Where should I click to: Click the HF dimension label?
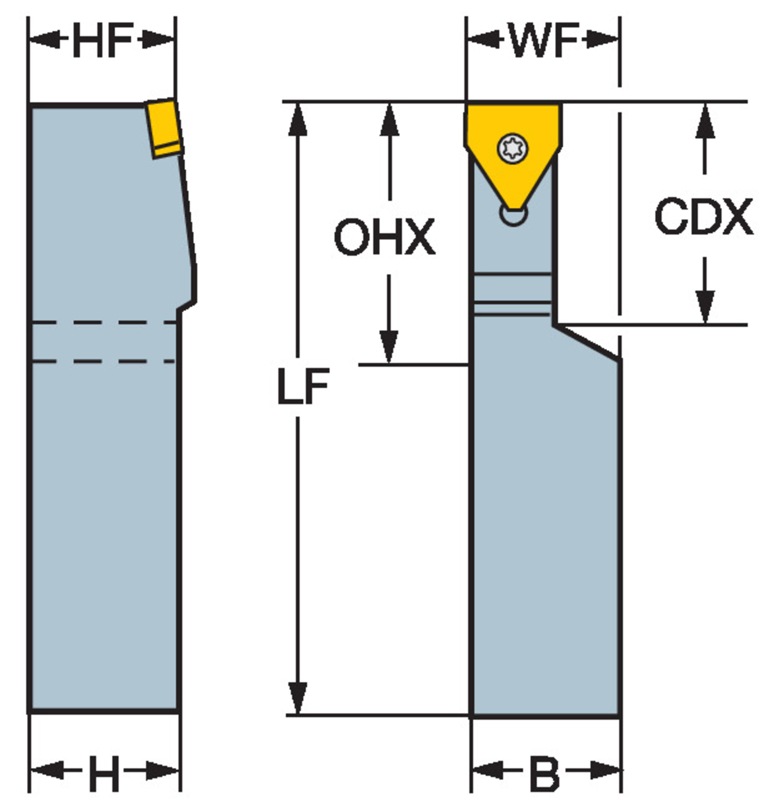103,40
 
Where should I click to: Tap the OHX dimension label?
384,237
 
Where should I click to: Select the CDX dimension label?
704,216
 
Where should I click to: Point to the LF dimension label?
303,386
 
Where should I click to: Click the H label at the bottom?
104,773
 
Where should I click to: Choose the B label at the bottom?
545,774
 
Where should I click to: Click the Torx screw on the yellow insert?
513,148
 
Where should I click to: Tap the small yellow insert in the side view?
164,128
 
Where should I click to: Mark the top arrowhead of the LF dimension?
298,119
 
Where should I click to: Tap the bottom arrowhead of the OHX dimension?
389,348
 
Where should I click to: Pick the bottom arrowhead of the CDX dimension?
705,307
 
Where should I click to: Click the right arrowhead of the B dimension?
605,770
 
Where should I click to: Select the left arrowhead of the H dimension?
47,770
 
